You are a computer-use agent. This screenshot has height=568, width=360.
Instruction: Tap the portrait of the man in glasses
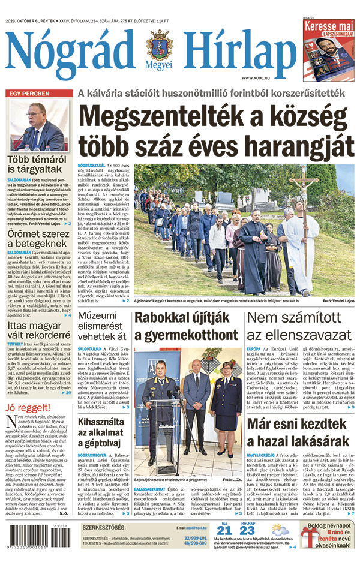pos(38,126)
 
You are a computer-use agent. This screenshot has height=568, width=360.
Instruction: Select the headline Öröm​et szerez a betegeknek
pos(38,233)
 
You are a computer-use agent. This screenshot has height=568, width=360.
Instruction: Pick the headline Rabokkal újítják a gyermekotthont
pos(187,327)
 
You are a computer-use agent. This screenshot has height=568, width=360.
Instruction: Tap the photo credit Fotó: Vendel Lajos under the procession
pos(338,300)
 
